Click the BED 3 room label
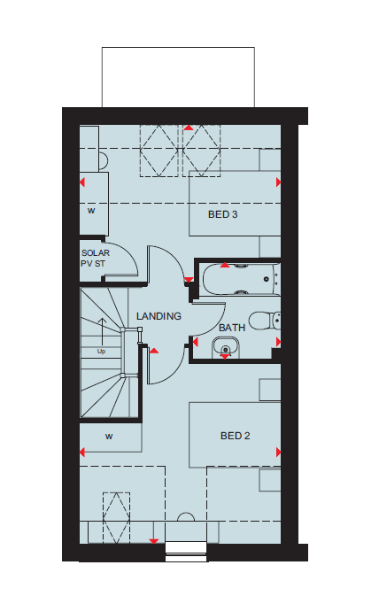pyautogui.click(x=223, y=214)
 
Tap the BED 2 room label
pyautogui.click(x=236, y=436)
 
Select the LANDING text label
pyautogui.click(x=159, y=316)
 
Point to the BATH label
pyautogui.click(x=232, y=328)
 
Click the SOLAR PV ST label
pyautogui.click(x=95, y=258)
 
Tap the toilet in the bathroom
pyautogui.click(x=266, y=321)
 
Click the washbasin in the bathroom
pyautogui.click(x=226, y=346)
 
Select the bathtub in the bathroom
pyautogui.click(x=241, y=279)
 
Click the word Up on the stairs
pyautogui.click(x=101, y=352)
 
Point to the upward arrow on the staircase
pyautogui.click(x=102, y=331)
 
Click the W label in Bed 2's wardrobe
pyautogui.click(x=109, y=437)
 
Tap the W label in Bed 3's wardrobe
pyautogui.click(x=91, y=211)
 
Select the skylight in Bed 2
pyautogui.click(x=116, y=518)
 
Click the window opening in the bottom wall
pyautogui.click(x=186, y=552)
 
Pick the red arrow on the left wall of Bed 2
pyautogui.click(x=82, y=453)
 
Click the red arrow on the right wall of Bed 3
pyautogui.click(x=279, y=182)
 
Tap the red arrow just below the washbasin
pyautogui.click(x=225, y=357)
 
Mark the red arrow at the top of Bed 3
pyautogui.click(x=189, y=128)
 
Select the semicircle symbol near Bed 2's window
pyautogui.click(x=186, y=517)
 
